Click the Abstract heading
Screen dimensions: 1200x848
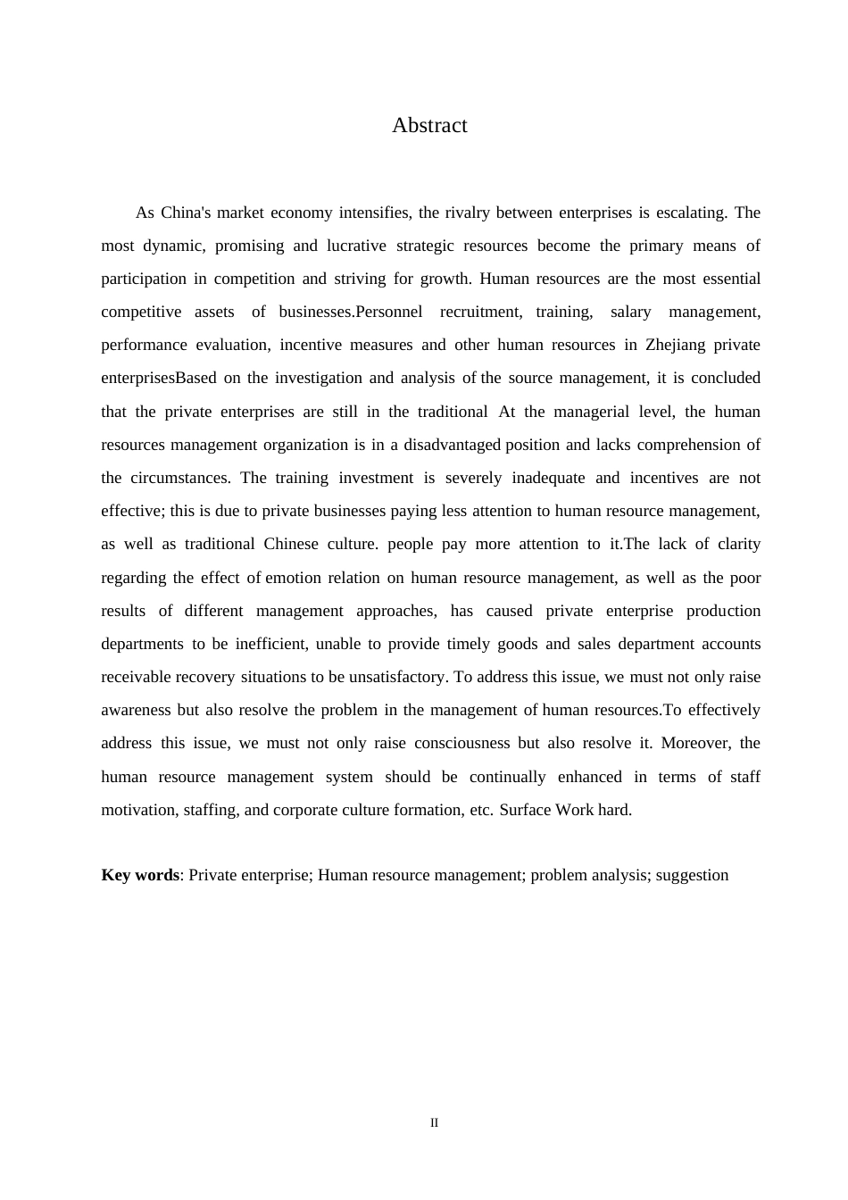point(429,126)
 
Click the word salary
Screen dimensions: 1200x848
point(631,312)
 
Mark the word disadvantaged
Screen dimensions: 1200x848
point(452,445)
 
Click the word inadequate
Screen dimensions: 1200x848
point(548,478)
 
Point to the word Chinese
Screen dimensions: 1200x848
point(291,544)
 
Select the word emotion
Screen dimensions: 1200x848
point(293,578)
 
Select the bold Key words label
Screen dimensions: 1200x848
point(140,875)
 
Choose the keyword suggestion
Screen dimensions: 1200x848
point(692,875)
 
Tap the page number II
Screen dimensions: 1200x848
point(435,1123)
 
